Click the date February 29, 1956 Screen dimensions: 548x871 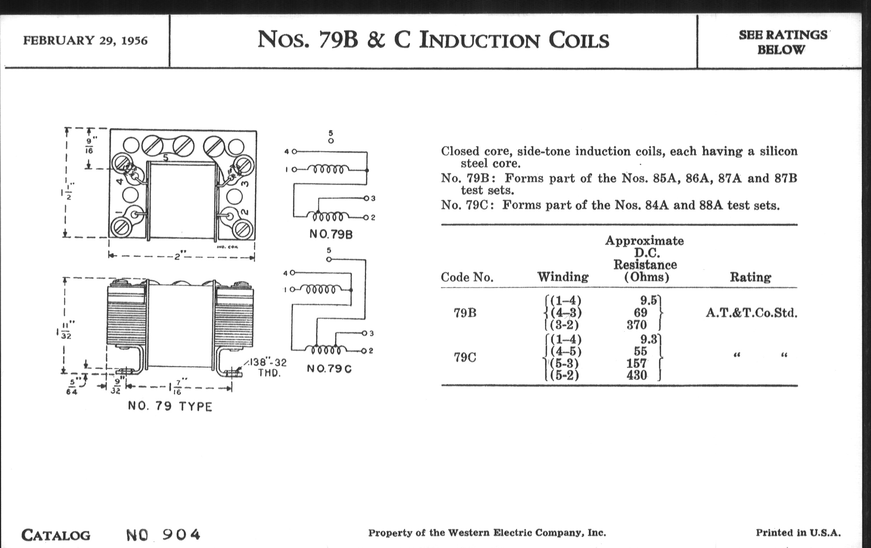(x=85, y=40)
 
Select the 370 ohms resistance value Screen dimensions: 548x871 (x=637, y=325)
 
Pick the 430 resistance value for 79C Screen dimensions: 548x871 (x=637, y=375)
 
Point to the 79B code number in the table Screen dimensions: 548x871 (x=465, y=313)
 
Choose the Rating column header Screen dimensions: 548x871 (x=750, y=277)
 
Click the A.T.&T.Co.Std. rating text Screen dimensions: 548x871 (x=751, y=313)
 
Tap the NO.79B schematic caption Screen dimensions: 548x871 (x=331, y=234)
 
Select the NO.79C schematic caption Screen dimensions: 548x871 (x=329, y=369)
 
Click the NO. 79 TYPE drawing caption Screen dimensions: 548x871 (x=170, y=407)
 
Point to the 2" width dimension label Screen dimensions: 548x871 (x=178, y=257)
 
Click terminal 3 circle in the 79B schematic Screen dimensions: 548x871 (x=366, y=198)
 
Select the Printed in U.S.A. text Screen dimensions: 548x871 (x=798, y=533)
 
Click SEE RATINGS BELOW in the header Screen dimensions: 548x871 (x=783, y=42)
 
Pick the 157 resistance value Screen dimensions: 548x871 (x=636, y=363)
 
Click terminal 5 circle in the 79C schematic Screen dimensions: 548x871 (x=328, y=259)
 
